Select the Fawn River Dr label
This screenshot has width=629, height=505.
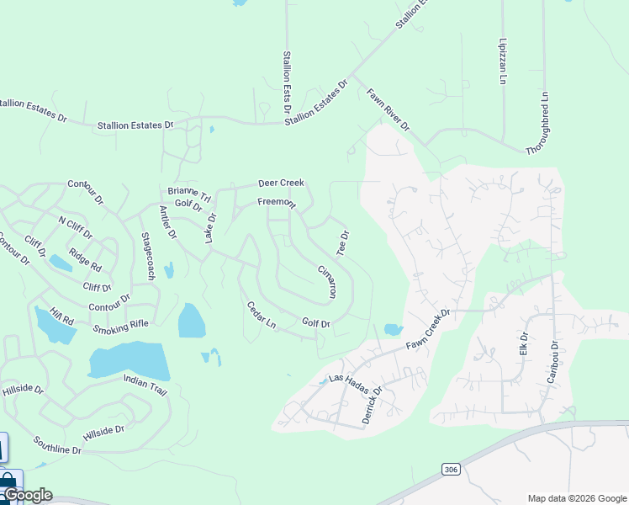tap(388, 110)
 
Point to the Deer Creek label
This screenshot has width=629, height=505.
tap(281, 183)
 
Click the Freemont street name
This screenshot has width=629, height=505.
tap(276, 203)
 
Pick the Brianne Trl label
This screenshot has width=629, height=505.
tap(188, 192)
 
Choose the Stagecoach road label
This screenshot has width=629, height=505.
tap(149, 256)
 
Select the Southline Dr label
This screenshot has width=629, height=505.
tap(57, 445)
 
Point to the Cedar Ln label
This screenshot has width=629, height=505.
tap(262, 314)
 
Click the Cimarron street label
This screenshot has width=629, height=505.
tap(326, 283)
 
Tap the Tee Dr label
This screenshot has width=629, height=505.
tap(342, 243)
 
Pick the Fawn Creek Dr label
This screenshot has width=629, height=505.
tap(429, 329)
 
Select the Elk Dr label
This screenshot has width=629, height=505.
tap(524, 343)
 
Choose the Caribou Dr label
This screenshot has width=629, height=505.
tap(552, 362)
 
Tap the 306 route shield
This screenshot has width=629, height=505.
tap(449, 467)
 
